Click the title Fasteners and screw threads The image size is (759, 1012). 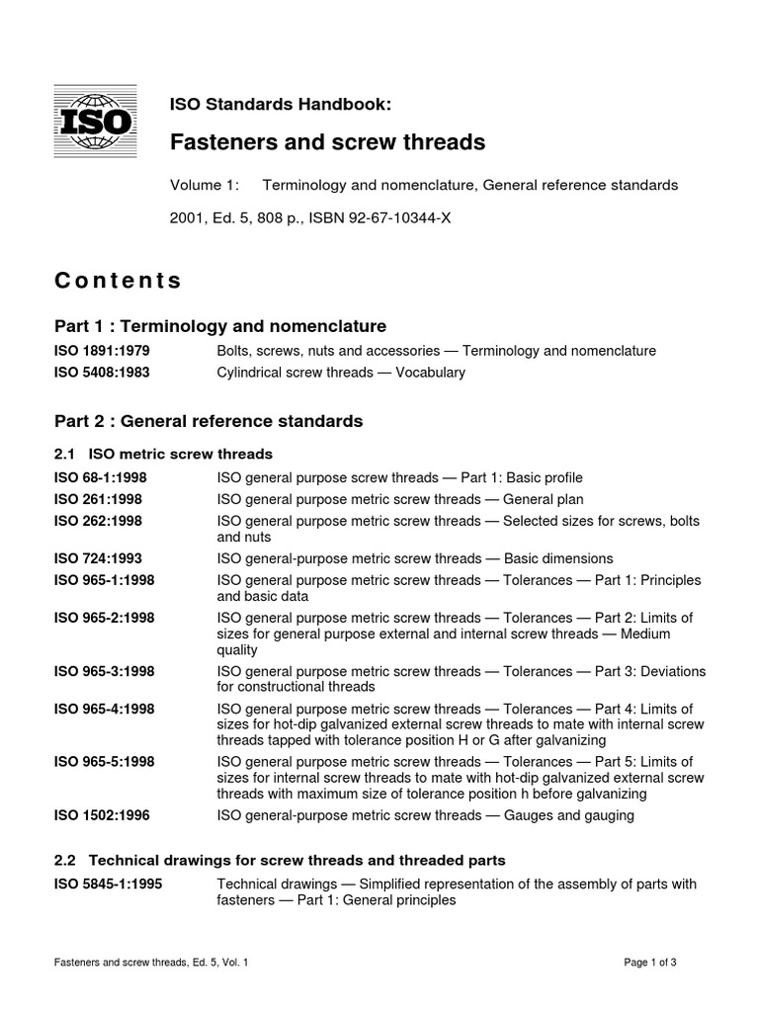pyautogui.click(x=328, y=142)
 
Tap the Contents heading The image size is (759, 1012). pyautogui.click(x=118, y=281)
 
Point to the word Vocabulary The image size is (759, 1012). pyautogui.click(x=429, y=373)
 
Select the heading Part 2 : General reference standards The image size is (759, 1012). pyautogui.click(x=209, y=421)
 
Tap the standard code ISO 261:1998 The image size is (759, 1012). pyautogui.click(x=99, y=498)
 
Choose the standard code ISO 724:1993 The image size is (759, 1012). pyautogui.click(x=99, y=558)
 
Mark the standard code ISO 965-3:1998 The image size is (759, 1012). pyautogui.click(x=105, y=671)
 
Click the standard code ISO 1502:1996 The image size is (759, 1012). pyautogui.click(x=102, y=815)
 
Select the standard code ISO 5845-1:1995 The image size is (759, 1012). pyautogui.click(x=108, y=884)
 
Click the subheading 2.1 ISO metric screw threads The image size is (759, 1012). pyautogui.click(x=163, y=454)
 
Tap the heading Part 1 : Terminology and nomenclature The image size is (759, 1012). pyautogui.click(x=219, y=326)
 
